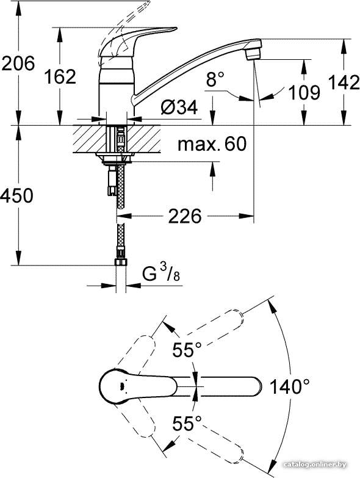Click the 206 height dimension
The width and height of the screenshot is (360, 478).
point(18,63)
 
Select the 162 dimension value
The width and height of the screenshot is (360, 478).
point(60,76)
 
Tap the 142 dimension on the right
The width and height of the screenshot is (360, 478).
point(344,82)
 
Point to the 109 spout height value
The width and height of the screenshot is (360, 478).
point(304,92)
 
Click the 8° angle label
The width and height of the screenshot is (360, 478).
point(215,79)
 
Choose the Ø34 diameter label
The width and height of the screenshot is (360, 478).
point(179,107)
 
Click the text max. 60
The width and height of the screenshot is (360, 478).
point(212,144)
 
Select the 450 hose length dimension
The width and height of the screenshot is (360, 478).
point(16,195)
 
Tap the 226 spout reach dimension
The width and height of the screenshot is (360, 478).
point(185,216)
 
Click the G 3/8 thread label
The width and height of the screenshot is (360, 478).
point(161,273)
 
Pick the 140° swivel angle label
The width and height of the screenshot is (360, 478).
point(290,386)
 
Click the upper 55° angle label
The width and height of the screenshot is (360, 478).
point(187,349)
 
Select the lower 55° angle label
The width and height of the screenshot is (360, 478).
point(187,423)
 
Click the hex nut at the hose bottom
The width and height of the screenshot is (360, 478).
point(121,262)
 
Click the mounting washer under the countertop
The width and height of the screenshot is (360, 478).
point(115,156)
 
